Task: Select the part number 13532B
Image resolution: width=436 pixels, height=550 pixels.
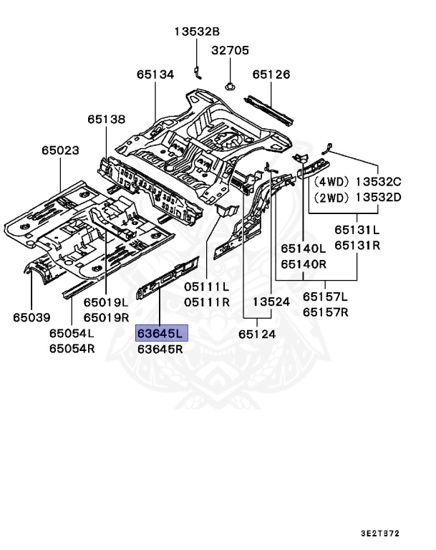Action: (x=197, y=31)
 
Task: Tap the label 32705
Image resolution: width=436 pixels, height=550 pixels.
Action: (x=230, y=51)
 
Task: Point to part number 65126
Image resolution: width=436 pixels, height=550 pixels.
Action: (x=271, y=74)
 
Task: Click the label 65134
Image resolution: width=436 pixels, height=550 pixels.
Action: (x=156, y=74)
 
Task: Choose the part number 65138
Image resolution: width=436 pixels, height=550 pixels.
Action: (x=107, y=119)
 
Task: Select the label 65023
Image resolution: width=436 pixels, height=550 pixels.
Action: (x=59, y=150)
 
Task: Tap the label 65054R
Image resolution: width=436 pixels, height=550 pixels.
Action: (x=72, y=349)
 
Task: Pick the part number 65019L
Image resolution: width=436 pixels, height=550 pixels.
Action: (x=106, y=302)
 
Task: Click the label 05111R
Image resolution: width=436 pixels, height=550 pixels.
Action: (x=207, y=302)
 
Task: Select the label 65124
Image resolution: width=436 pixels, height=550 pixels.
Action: (x=259, y=334)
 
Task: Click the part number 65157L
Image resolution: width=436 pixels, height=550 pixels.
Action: (x=325, y=296)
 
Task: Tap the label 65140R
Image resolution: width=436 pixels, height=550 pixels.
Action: (x=304, y=264)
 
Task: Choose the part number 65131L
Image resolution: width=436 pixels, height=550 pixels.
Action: (x=357, y=231)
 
